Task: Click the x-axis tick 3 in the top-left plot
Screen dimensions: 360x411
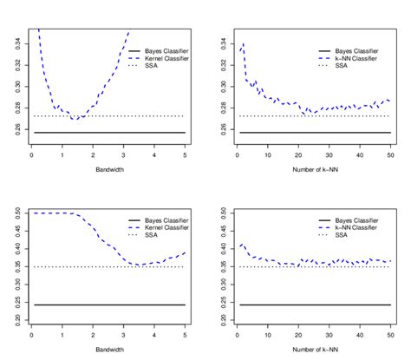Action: (123, 155)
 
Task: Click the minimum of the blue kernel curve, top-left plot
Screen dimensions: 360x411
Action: (75, 119)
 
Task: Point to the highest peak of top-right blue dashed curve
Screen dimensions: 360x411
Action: (243, 44)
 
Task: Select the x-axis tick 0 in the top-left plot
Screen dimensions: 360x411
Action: (31, 155)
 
